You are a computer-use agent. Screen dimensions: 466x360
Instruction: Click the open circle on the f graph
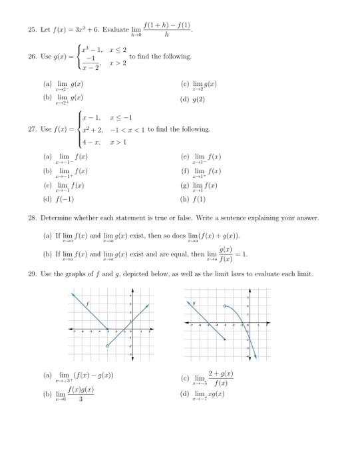[x=108, y=346]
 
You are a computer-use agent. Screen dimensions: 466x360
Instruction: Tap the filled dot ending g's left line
[x=225, y=340]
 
